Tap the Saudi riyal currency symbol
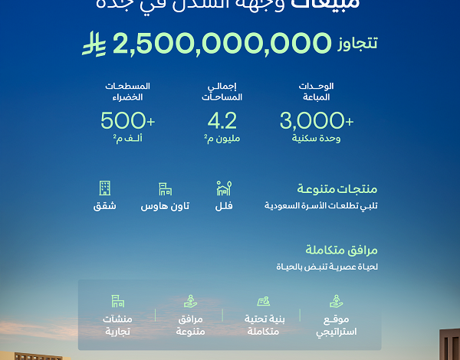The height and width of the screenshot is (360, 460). click(95, 44)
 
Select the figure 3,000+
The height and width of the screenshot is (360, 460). click(317, 120)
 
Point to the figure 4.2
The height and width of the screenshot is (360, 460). click(222, 120)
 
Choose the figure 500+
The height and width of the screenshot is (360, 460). click(127, 120)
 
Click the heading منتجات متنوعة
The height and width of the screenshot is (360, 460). click(347, 189)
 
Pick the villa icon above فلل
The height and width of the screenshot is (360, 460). click(223, 188)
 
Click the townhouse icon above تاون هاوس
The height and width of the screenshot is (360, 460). click(165, 188)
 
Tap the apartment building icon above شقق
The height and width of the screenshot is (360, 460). click(105, 188)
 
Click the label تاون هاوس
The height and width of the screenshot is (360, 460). click(165, 207)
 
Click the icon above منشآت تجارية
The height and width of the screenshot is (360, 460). click(117, 300)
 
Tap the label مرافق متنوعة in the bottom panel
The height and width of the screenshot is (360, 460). click(189, 325)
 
